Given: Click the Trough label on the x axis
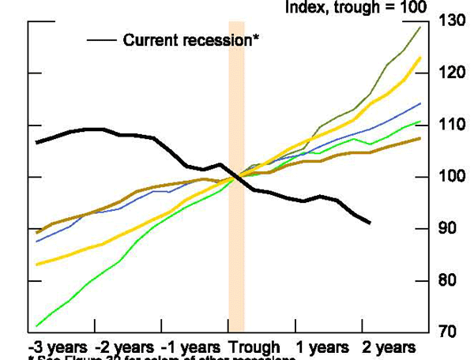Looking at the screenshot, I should pos(255,347).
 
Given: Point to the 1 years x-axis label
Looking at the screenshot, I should pos(323,347).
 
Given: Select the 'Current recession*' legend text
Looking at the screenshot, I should pos(191,39).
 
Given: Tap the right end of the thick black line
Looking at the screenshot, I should pos(370,223).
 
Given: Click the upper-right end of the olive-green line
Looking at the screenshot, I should pos(419,27).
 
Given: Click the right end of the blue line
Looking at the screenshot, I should pos(420,103).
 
